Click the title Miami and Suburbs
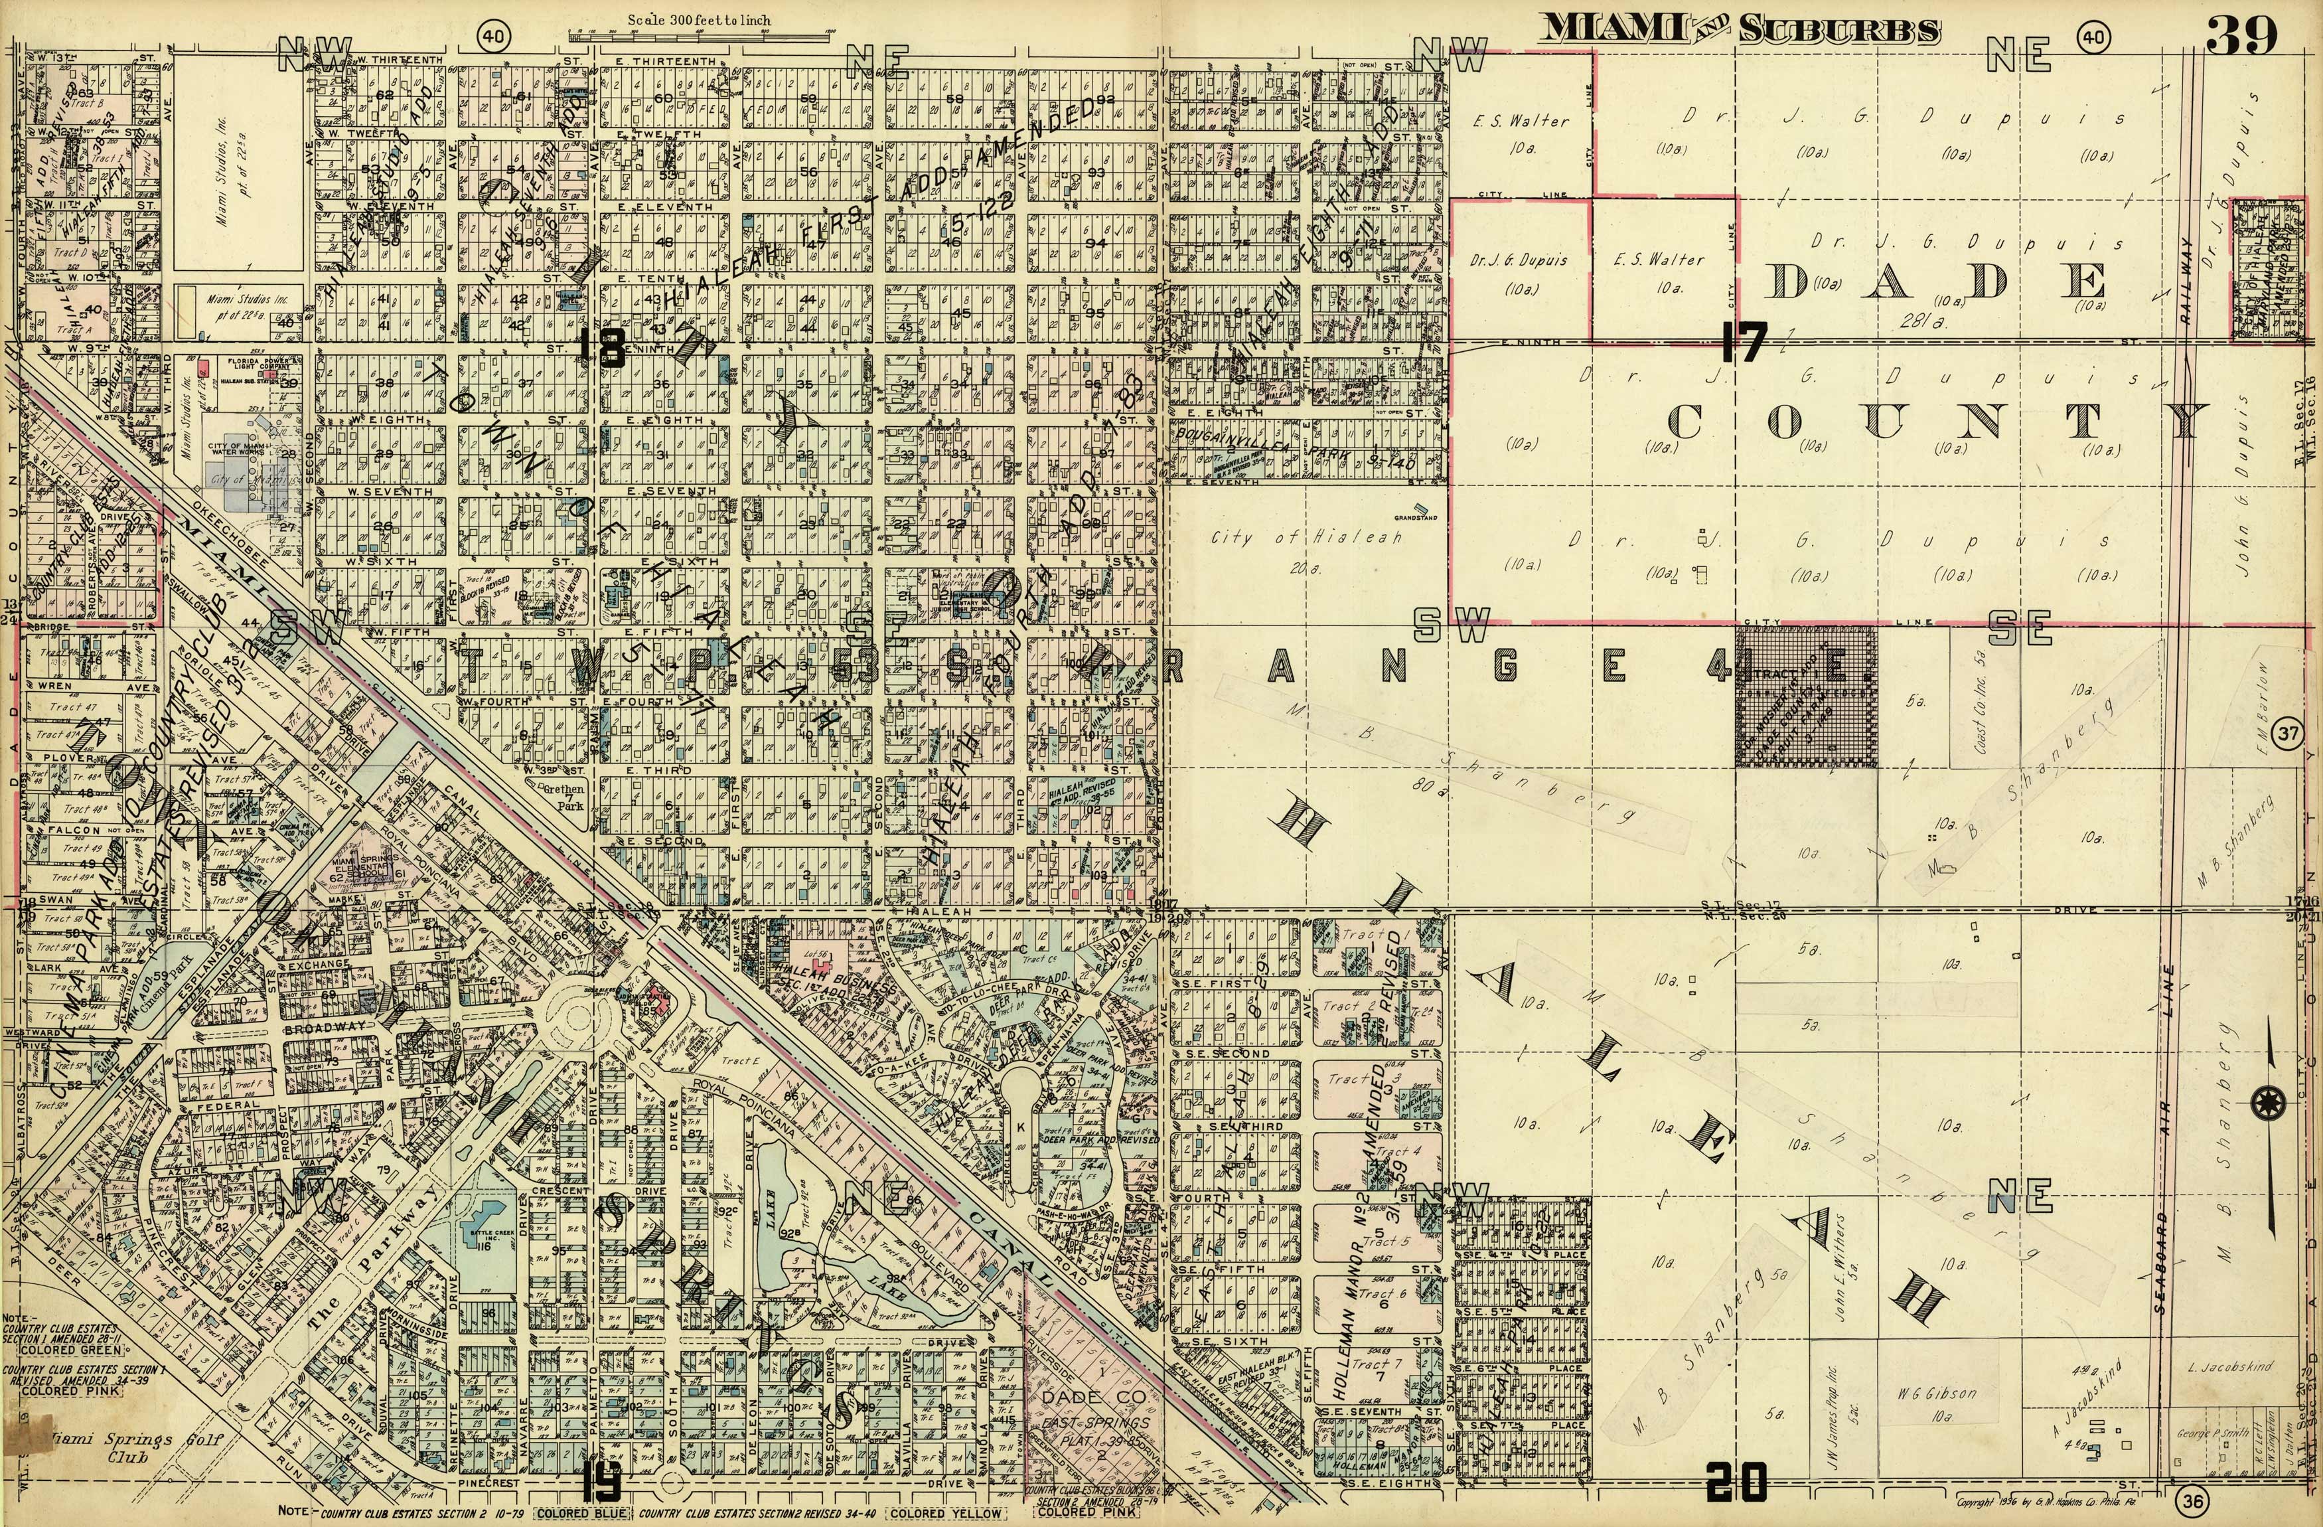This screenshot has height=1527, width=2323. click(x=1738, y=29)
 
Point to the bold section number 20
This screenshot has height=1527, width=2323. click(x=1736, y=1483)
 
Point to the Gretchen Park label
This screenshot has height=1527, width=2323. click(x=563, y=797)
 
